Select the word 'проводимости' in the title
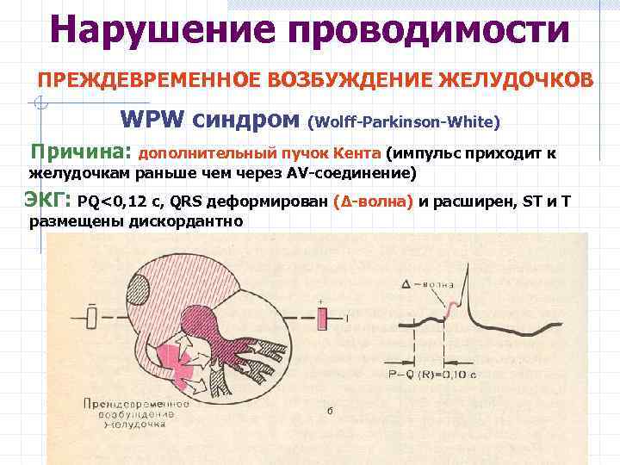coord(430,29)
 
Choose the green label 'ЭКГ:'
coord(46,202)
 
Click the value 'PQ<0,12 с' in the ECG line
coord(119,204)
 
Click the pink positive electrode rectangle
coord(322,319)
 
